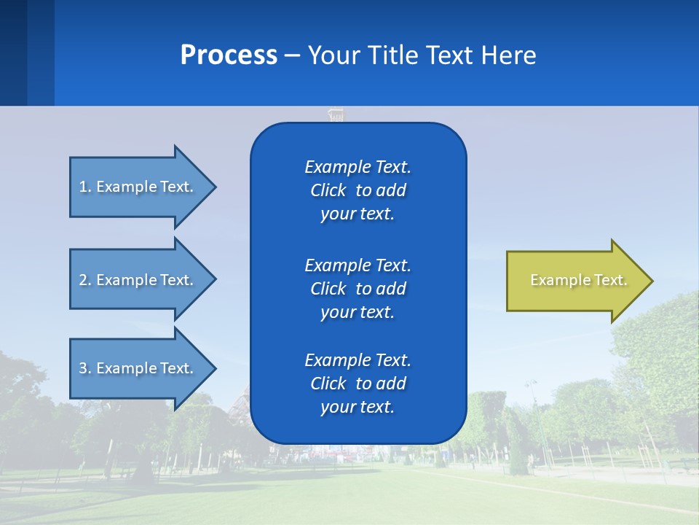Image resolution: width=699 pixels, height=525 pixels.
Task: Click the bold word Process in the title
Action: [x=229, y=55]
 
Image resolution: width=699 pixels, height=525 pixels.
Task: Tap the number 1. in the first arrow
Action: [x=85, y=187]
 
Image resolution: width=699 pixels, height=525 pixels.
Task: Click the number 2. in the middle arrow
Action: [x=85, y=280]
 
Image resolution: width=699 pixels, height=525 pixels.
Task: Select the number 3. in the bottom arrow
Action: [x=85, y=368]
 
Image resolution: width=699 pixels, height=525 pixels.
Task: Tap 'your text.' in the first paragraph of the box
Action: [x=358, y=214]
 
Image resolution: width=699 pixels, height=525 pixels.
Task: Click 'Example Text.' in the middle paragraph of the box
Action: [x=358, y=265]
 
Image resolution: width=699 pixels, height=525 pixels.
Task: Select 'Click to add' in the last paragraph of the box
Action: [x=358, y=384]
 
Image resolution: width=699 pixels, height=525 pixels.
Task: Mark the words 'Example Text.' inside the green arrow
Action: [x=579, y=280]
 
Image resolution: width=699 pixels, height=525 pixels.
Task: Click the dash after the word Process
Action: [x=293, y=55]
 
